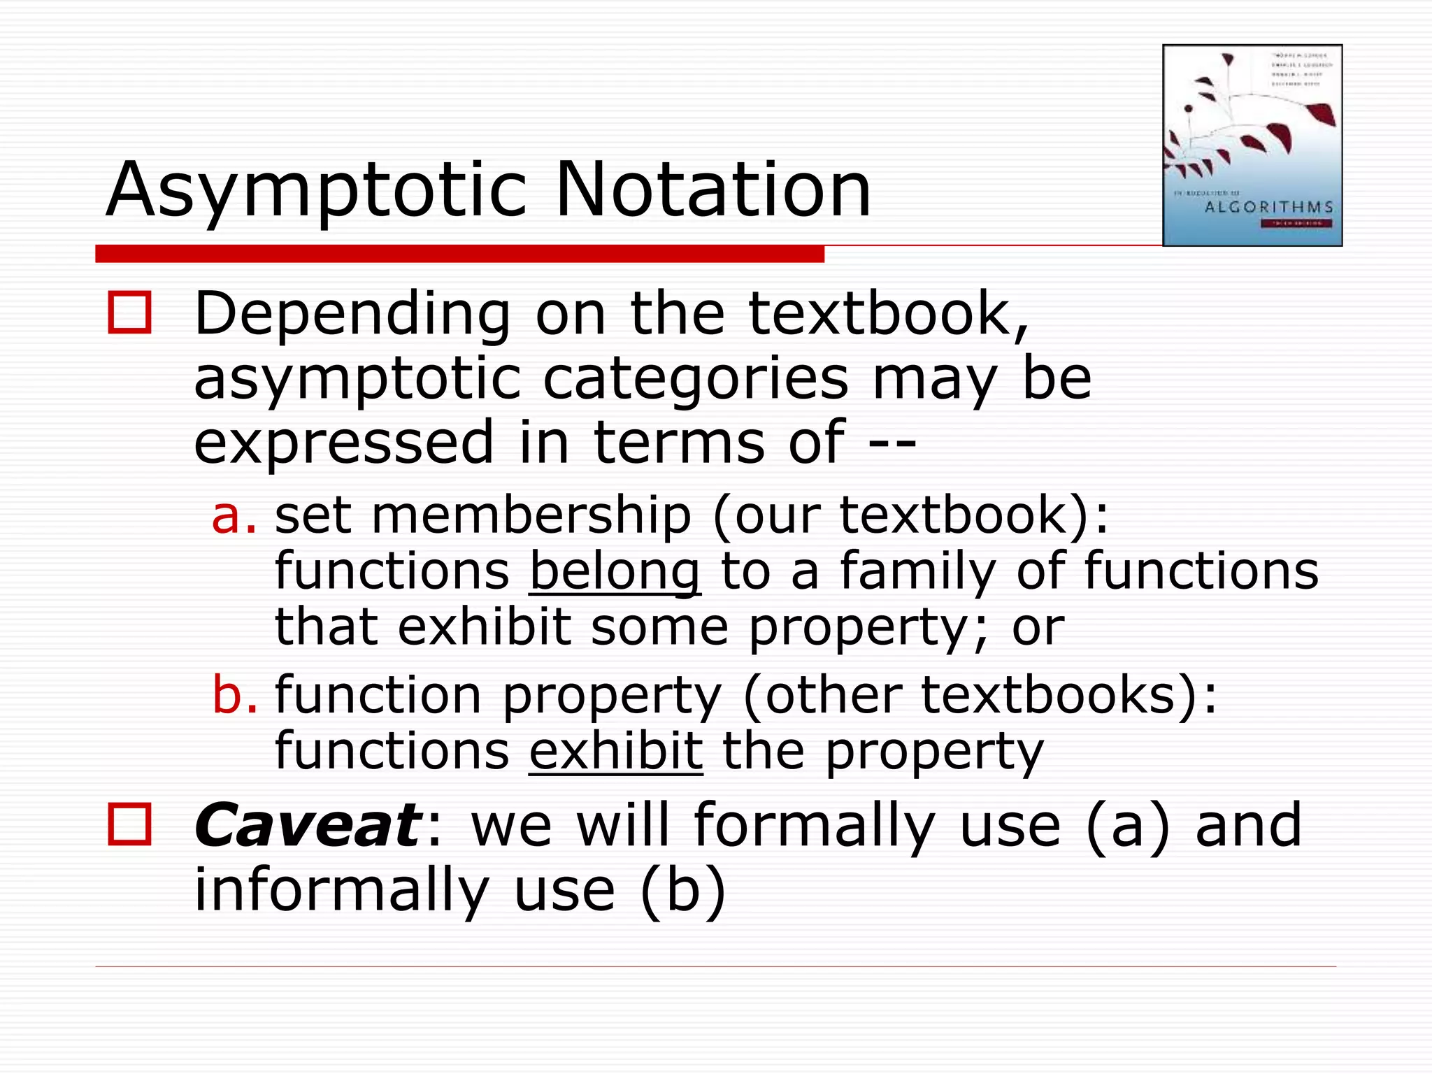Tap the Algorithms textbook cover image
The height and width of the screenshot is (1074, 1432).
[x=1252, y=145]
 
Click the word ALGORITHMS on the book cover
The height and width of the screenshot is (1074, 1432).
[x=1269, y=207]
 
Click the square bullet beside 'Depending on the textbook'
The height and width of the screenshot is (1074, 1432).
[x=130, y=313]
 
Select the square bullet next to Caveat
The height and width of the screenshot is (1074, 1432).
[x=130, y=825]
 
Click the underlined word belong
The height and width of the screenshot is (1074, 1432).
[x=614, y=572]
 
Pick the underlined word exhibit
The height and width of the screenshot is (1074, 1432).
[x=615, y=751]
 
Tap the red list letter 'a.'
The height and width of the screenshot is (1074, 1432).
[x=234, y=515]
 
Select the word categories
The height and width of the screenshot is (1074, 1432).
[x=696, y=379]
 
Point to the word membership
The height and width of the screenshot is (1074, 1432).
[x=531, y=515]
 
